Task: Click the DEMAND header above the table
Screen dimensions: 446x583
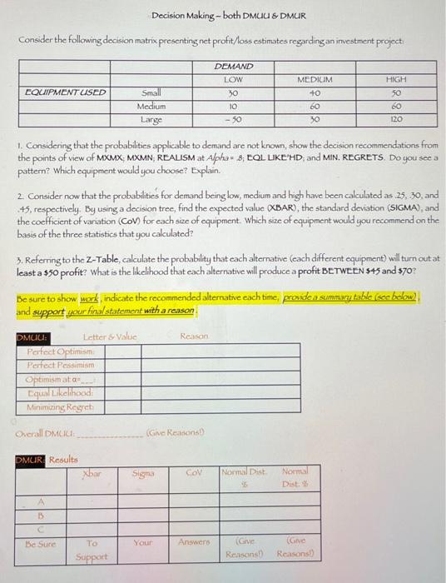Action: pos(233,66)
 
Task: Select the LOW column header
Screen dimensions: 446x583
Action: pos(233,79)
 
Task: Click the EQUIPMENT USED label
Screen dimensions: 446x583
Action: pos(66,92)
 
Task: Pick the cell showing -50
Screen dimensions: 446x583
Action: pos(233,120)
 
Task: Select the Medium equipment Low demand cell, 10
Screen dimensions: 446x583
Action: pos(233,107)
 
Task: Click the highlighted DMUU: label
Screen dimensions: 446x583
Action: pos(33,336)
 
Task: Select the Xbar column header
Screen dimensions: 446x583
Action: pos(92,473)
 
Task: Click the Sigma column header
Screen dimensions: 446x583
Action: pos(143,473)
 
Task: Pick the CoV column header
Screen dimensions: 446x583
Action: pos(194,473)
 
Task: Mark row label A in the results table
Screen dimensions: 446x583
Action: pos(39,501)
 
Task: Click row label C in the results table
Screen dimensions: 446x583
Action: pos(39,527)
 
